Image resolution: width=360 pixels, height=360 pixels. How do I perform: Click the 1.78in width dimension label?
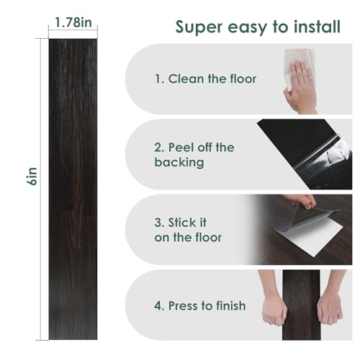(73, 22)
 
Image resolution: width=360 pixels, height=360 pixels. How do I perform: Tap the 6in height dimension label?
(32, 176)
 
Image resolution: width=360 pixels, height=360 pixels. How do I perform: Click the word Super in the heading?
(199, 27)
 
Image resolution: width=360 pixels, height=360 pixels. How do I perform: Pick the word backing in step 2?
(179, 163)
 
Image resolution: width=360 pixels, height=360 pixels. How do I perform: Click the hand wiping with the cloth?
(301, 88)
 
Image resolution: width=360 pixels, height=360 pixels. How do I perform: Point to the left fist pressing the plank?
(274, 309)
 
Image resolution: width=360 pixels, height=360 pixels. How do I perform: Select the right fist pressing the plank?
(330, 309)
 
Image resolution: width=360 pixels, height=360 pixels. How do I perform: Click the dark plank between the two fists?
(301, 305)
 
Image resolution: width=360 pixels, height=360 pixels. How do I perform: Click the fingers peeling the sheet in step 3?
(302, 201)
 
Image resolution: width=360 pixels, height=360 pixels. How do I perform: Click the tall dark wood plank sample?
(73, 189)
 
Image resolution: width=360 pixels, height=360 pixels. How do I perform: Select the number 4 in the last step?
(158, 306)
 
